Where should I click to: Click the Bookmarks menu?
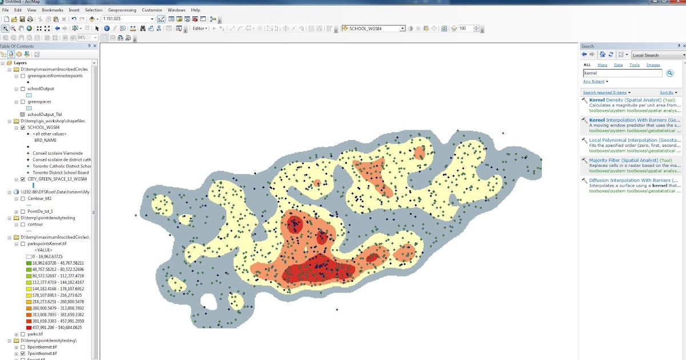[53, 10]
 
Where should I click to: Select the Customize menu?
[152, 10]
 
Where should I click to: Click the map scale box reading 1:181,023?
[127, 19]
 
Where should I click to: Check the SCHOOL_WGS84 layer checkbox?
[22, 127]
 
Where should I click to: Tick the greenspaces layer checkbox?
[22, 102]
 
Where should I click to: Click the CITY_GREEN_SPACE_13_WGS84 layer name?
[57, 179]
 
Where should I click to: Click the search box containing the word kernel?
[622, 73]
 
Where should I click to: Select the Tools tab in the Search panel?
[635, 65]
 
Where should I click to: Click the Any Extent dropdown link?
[595, 82]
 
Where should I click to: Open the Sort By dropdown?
[668, 93]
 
